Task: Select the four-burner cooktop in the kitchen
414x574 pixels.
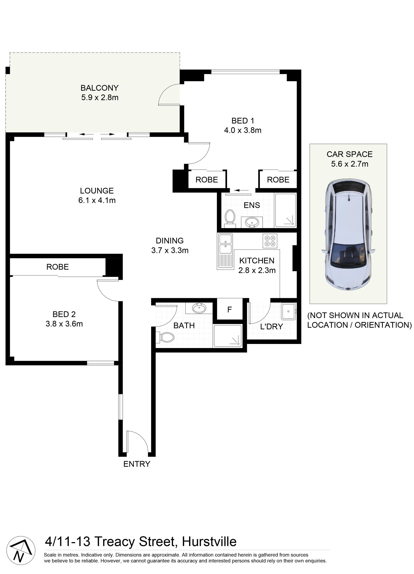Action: point(270,241)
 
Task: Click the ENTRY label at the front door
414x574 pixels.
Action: point(137,464)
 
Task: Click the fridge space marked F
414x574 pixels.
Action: point(229,309)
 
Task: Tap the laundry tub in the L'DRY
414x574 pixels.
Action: point(288,311)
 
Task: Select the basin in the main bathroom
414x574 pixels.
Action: point(199,308)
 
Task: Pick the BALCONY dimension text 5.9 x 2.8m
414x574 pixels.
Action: point(100,97)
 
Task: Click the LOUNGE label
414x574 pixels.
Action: point(97,191)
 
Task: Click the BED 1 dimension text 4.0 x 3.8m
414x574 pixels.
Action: point(243,130)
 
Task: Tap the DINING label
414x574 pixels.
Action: point(169,241)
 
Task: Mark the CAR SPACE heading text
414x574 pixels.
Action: point(350,154)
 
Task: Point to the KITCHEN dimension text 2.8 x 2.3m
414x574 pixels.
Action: point(257,270)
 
